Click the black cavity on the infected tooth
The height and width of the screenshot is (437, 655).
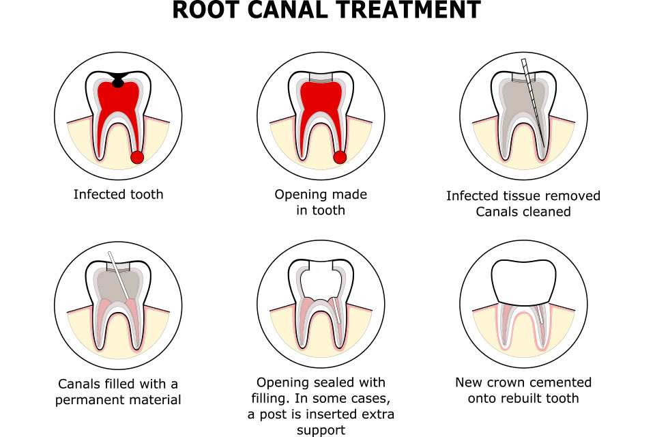(118, 79)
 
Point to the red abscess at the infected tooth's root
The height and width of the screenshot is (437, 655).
(137, 158)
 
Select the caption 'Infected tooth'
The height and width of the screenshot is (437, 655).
(118, 195)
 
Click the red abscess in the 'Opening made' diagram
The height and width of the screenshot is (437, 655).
(340, 158)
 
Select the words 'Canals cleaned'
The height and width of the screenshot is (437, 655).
(523, 212)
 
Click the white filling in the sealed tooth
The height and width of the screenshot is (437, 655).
(321, 281)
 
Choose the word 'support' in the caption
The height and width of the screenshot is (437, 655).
(321, 430)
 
